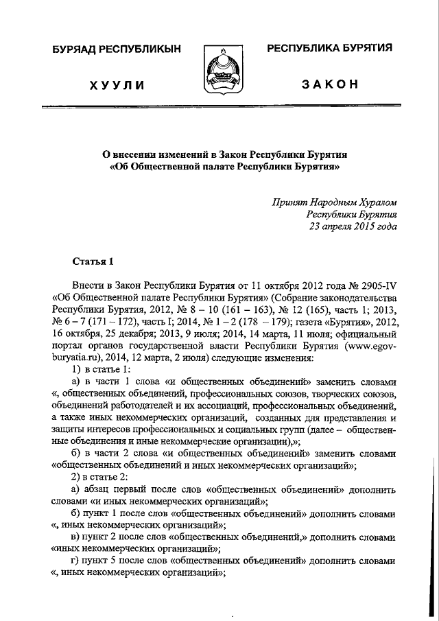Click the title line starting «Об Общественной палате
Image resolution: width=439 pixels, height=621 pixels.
click(224, 165)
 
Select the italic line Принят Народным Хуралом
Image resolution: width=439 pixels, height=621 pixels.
click(334, 202)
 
